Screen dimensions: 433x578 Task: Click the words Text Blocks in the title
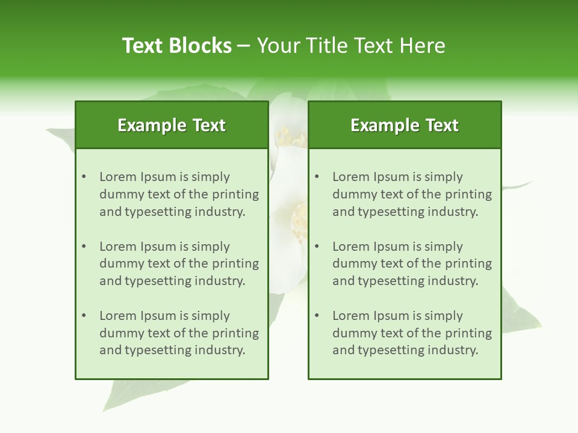click(177, 46)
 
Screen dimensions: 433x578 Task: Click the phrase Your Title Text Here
click(351, 46)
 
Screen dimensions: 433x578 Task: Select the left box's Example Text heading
click(172, 125)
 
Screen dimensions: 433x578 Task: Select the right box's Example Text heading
click(405, 125)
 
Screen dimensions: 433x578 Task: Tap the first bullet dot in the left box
click(84, 177)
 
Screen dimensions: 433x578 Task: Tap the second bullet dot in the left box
click(84, 247)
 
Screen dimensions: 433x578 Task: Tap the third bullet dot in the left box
click(84, 316)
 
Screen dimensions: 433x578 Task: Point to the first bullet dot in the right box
click(317, 177)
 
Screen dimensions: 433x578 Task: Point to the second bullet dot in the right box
click(317, 247)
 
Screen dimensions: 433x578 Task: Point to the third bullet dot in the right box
click(317, 316)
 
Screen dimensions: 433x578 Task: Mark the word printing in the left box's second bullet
click(235, 264)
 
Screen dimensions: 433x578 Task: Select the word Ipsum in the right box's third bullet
click(391, 316)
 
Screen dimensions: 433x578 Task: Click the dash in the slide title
click(244, 46)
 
